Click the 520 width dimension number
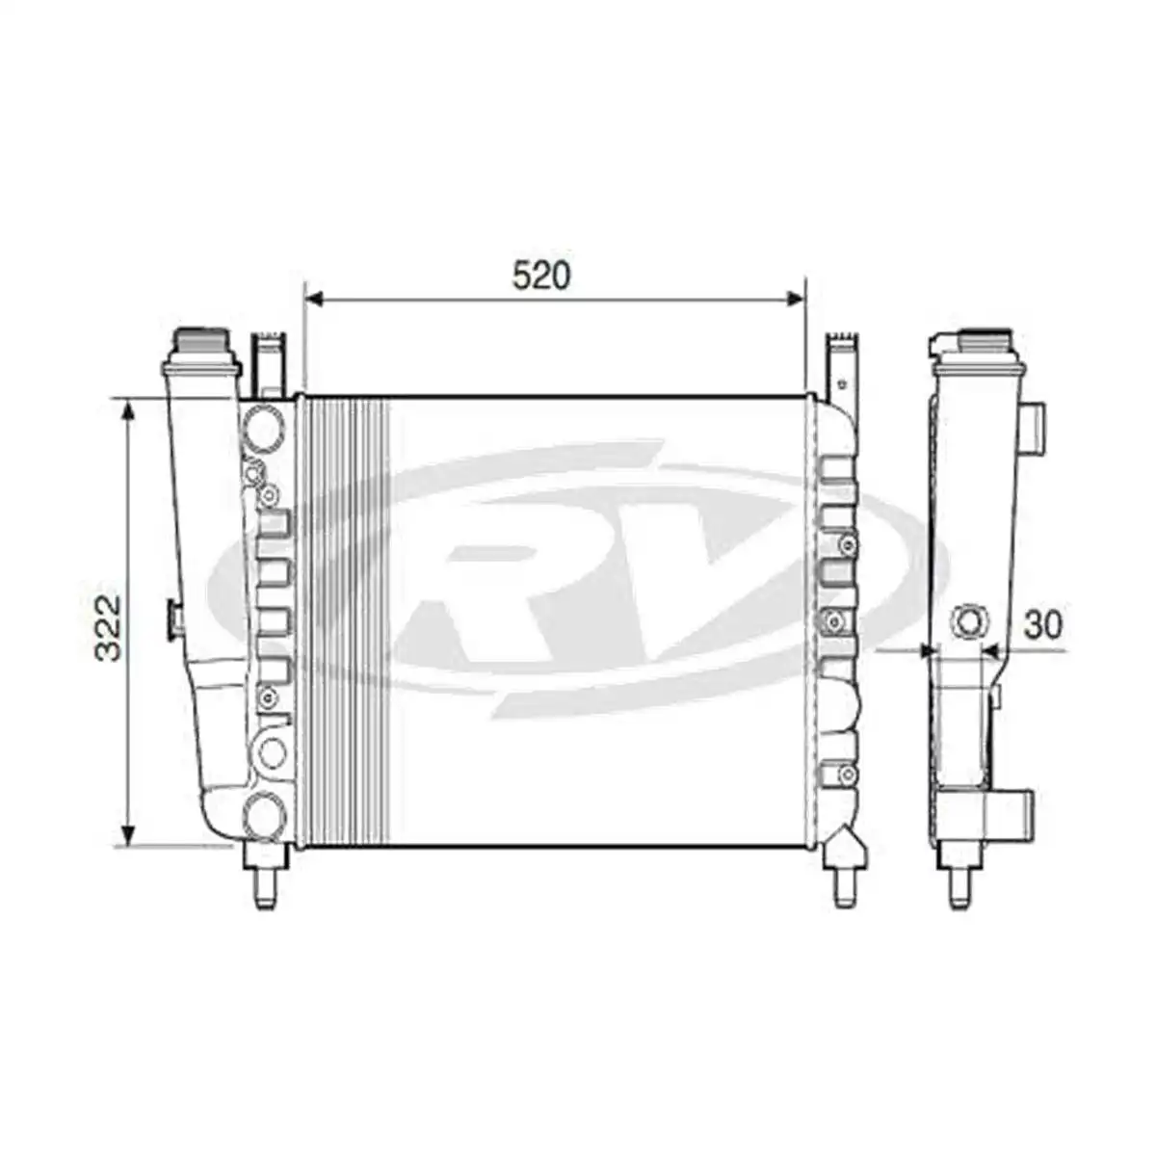[x=541, y=276]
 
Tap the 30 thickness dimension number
[x=1042, y=625]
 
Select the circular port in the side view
[x=968, y=620]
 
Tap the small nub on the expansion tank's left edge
[x=174, y=617]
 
